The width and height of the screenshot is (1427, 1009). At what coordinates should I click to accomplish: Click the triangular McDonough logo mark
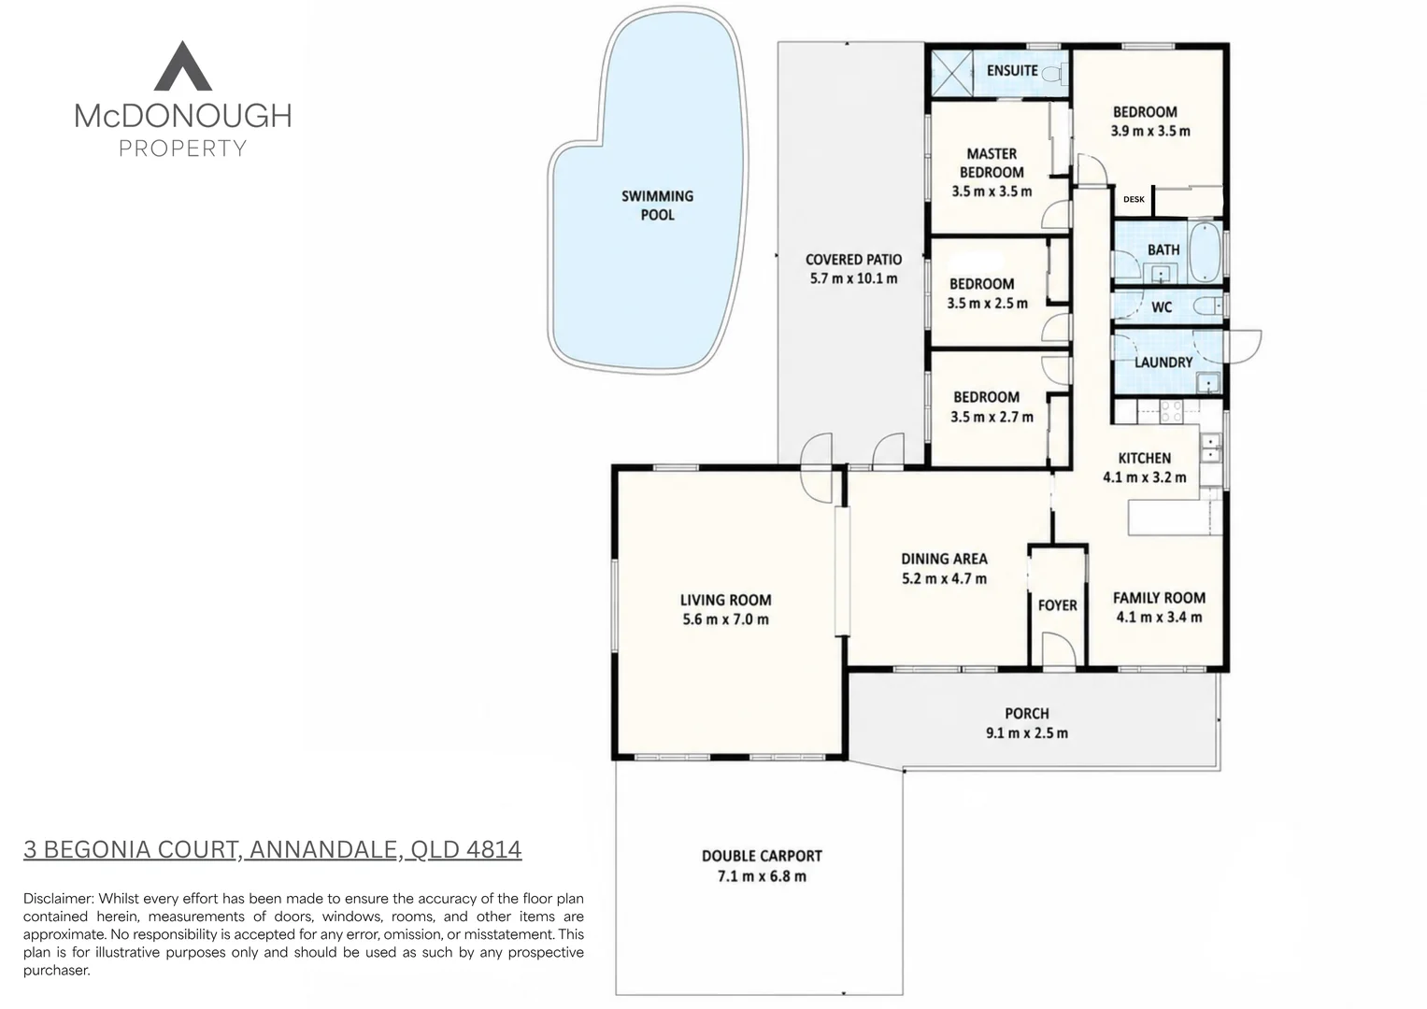click(183, 67)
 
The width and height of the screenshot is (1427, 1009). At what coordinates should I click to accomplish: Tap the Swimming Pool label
click(658, 206)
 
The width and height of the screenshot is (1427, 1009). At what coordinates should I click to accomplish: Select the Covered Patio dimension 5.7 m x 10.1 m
click(853, 278)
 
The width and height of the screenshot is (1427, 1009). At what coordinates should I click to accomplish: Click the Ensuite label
click(1012, 71)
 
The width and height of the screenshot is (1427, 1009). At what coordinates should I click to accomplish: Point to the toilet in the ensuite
click(1053, 75)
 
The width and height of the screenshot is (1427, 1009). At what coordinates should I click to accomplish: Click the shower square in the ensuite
click(951, 74)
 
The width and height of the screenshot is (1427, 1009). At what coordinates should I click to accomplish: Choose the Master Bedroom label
click(992, 163)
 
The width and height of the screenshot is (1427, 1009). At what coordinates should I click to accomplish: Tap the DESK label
click(1134, 199)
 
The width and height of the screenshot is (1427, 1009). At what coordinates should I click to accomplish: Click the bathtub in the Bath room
click(1206, 251)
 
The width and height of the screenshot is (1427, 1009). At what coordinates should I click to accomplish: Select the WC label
click(1162, 307)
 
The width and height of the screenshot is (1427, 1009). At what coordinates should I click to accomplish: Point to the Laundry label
click(1163, 362)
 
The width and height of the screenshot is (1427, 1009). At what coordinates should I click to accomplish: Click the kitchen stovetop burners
click(1171, 411)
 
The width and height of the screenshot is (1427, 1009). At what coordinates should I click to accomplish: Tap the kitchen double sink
click(1210, 448)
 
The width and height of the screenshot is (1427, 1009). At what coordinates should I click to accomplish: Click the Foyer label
click(1058, 605)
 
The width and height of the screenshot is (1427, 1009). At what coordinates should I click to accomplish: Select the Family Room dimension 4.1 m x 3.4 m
click(1160, 618)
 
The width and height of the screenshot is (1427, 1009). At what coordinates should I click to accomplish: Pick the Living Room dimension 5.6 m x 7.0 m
click(725, 619)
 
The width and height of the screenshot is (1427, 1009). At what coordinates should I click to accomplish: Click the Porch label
click(1027, 714)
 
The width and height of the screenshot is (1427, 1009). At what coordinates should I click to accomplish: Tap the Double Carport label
click(762, 856)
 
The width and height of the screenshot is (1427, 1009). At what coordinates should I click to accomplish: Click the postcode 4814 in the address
click(493, 849)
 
